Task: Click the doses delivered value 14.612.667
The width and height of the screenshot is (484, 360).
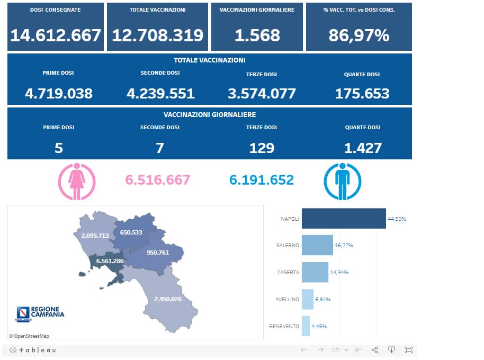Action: pos(56,35)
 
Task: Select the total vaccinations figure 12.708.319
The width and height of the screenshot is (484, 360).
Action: pos(157,35)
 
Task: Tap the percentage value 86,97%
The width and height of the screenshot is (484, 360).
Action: pos(359,35)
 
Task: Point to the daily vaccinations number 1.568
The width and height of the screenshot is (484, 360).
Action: pos(257,35)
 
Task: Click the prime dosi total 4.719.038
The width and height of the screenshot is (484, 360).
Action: pos(59,94)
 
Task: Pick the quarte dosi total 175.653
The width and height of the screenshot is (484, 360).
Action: pos(362,94)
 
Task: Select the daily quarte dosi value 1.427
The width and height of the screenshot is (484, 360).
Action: pos(362,148)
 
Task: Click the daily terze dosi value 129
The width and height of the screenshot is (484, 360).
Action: pos(262,148)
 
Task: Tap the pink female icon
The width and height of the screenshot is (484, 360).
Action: pos(76,182)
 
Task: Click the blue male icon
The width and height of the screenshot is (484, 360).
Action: pos(342,182)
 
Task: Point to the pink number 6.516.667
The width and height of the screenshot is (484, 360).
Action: pos(157,180)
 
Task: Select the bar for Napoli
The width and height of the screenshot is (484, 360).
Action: pos(344,219)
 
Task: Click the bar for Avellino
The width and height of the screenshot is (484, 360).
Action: pos(308,299)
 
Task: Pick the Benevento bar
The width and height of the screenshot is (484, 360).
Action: pos(306,326)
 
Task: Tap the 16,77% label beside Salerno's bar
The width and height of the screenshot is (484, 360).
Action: pos(344,246)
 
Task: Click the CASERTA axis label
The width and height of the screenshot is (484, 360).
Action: pos(288,273)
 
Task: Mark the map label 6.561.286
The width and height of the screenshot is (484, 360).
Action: pos(110,261)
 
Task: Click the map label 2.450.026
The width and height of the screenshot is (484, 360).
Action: pos(168,299)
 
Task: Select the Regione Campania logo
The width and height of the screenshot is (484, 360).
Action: pos(40,313)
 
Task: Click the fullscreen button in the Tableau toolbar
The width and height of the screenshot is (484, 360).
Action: pos(408,350)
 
